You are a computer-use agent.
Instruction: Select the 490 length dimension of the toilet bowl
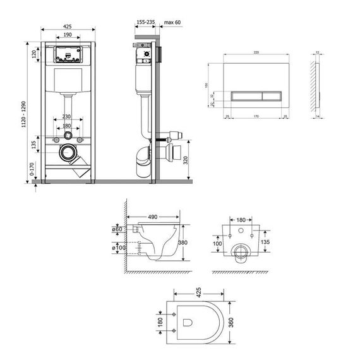coord(153,215)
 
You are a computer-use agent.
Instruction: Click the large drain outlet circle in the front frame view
coord(67,152)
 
